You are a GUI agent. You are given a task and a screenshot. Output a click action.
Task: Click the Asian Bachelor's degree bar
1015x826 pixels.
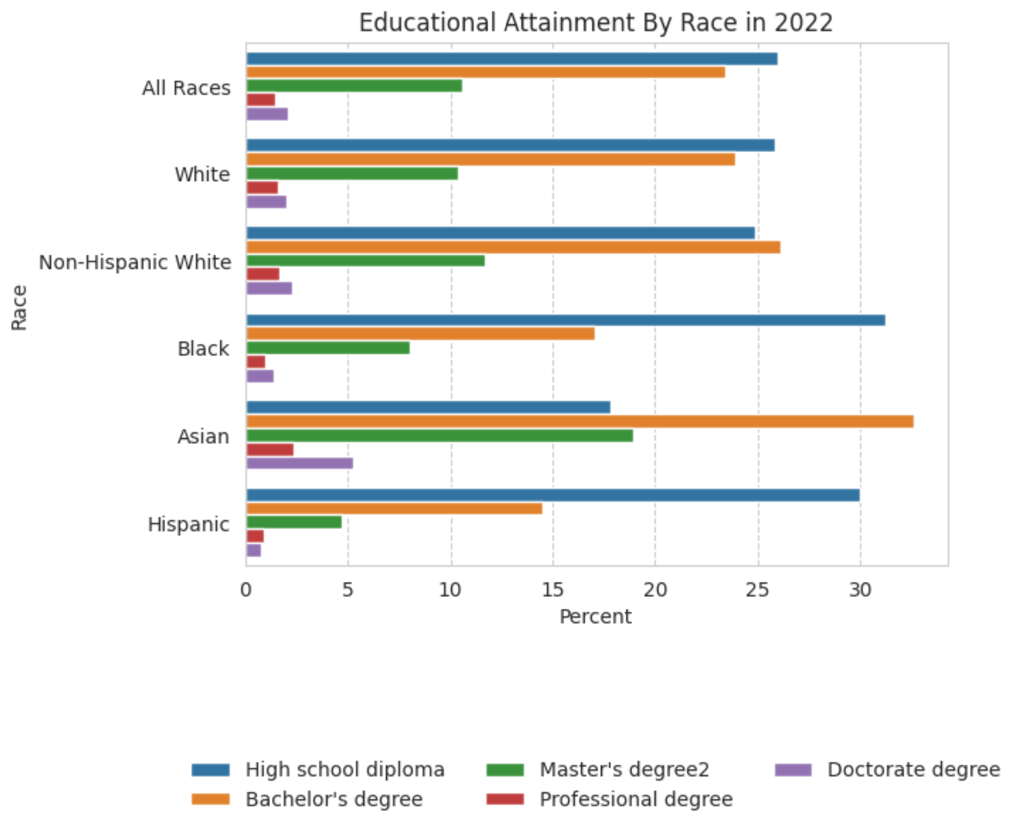coord(580,421)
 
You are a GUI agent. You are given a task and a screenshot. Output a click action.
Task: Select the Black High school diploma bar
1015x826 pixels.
coord(565,320)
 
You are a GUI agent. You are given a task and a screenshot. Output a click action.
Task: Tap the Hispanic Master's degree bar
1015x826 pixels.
coord(294,522)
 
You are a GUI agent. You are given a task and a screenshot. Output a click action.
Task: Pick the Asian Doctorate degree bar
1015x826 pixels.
coord(299,463)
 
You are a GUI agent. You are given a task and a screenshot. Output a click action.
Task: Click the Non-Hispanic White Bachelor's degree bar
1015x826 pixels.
coord(513,247)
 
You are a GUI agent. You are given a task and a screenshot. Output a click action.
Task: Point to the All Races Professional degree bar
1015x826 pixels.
coord(261,100)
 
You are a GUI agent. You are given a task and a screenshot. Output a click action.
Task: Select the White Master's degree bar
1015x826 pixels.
coord(352,173)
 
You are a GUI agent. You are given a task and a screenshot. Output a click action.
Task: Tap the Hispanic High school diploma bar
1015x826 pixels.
coord(553,495)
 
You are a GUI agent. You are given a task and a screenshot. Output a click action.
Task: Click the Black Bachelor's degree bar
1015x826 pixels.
coord(420,333)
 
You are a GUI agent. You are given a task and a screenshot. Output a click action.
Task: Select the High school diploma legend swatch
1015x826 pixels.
coord(210,769)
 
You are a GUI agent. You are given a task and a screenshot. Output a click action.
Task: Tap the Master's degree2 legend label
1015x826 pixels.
coord(624,769)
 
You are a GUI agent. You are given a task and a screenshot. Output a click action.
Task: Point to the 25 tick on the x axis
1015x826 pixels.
coord(758,590)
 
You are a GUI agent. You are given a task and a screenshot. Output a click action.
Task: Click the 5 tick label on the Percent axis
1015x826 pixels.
coord(348,590)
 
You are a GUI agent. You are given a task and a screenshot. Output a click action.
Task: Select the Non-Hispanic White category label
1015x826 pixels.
coord(135,262)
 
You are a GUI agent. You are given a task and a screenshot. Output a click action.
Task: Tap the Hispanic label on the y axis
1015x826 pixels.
coord(188,524)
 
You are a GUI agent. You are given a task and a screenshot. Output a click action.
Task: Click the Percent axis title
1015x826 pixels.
coord(595,616)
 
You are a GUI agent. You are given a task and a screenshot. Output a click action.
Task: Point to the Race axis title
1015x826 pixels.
coord(19,307)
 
